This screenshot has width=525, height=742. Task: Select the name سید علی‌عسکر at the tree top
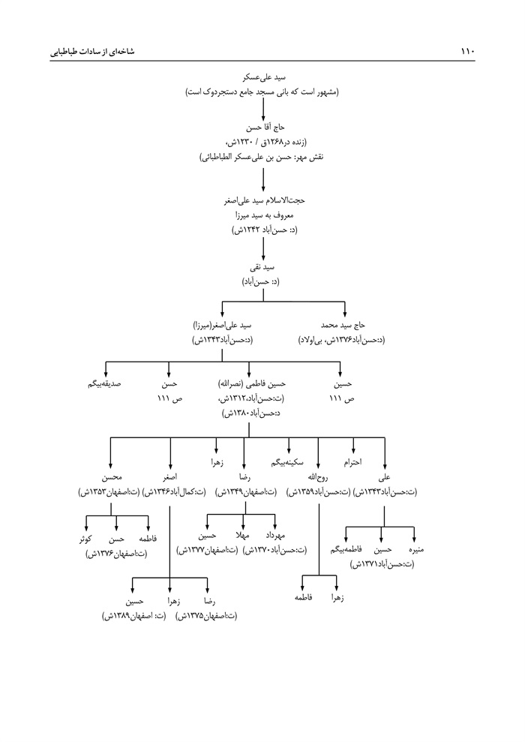pyautogui.click(x=262, y=77)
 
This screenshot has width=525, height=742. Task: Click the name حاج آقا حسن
pyautogui.click(x=262, y=128)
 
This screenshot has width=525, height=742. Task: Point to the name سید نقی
pyautogui.click(x=262, y=267)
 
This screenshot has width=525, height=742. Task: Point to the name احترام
pyautogui.click(x=352, y=463)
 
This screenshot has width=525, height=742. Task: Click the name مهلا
pyautogui.click(x=243, y=537)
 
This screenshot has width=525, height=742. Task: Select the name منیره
pyautogui.click(x=415, y=550)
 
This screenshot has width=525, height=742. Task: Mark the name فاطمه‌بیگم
pyautogui.click(x=346, y=550)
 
